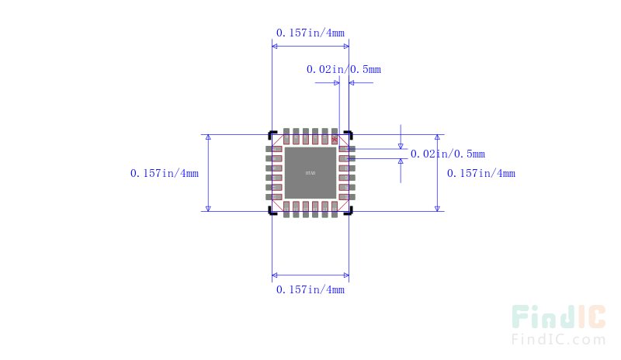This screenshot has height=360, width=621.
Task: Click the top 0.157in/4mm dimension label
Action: pyautogui.click(x=310, y=33)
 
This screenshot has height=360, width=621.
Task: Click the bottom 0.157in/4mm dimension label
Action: pyautogui.click(x=310, y=289)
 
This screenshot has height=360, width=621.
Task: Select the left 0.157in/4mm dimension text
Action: pyautogui.click(x=164, y=173)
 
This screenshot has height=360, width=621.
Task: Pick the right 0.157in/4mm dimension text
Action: pyautogui.click(x=480, y=173)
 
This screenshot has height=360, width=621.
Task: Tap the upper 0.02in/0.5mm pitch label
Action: pyautogui.click(x=343, y=69)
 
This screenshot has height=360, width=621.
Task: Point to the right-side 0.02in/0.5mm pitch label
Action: pyautogui.click(x=447, y=154)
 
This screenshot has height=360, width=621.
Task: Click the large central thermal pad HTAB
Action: pyautogui.click(x=310, y=173)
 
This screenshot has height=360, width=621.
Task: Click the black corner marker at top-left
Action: pyautogui.click(x=272, y=133)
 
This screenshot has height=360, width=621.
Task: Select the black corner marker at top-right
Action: pyautogui.click(x=349, y=133)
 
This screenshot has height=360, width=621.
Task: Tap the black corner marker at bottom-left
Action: pyautogui.click(x=272, y=210)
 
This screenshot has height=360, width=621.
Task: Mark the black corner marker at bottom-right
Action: pyautogui.click(x=349, y=210)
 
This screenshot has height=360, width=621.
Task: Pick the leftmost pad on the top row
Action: pyautogui.click(x=286, y=137)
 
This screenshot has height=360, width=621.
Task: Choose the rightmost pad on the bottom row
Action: pyautogui.click(x=335, y=208)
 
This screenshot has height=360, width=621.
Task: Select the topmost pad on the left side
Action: pyautogui.click(x=274, y=148)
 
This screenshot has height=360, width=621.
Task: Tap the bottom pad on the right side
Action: pyautogui.click(x=346, y=196)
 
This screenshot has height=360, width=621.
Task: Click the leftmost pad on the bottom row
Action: pyautogui.click(x=286, y=208)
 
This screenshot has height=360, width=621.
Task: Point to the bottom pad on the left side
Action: pyautogui.click(x=274, y=196)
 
